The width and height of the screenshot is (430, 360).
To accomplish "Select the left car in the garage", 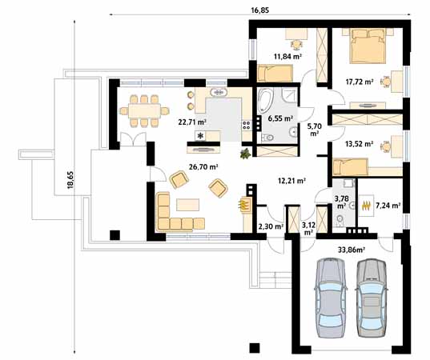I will [330, 298].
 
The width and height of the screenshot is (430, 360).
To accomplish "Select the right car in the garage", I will [371, 298].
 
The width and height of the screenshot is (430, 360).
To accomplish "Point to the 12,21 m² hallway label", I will [292, 181].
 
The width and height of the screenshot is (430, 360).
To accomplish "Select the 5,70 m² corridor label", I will [315, 128].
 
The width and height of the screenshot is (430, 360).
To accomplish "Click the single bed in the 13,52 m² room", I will [350, 166].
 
